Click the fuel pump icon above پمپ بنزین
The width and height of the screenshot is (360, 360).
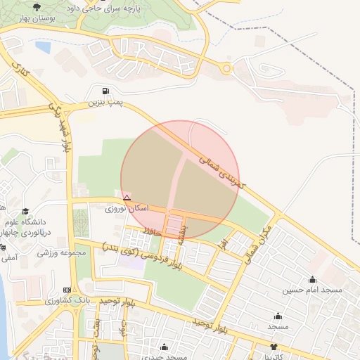(105, 91)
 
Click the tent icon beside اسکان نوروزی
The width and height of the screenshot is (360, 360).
(127, 198)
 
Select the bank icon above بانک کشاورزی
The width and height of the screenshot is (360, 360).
(67, 290)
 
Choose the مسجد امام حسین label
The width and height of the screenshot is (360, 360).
(312, 290)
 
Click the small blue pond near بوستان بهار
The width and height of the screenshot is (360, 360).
(43, 47)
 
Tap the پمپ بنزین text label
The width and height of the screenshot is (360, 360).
(105, 103)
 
